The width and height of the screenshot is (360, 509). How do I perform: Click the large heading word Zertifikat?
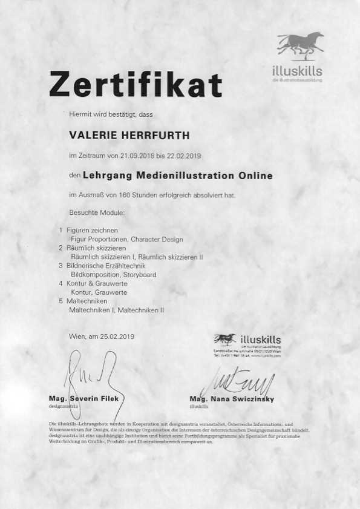point(136,84)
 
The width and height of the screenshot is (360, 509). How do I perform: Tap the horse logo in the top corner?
point(300,46)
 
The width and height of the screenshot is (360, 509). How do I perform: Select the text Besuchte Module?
point(97,213)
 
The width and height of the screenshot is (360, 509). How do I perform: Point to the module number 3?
point(61,266)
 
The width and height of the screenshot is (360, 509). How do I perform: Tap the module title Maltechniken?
point(88,301)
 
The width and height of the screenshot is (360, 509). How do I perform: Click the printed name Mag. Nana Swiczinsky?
point(232,400)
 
